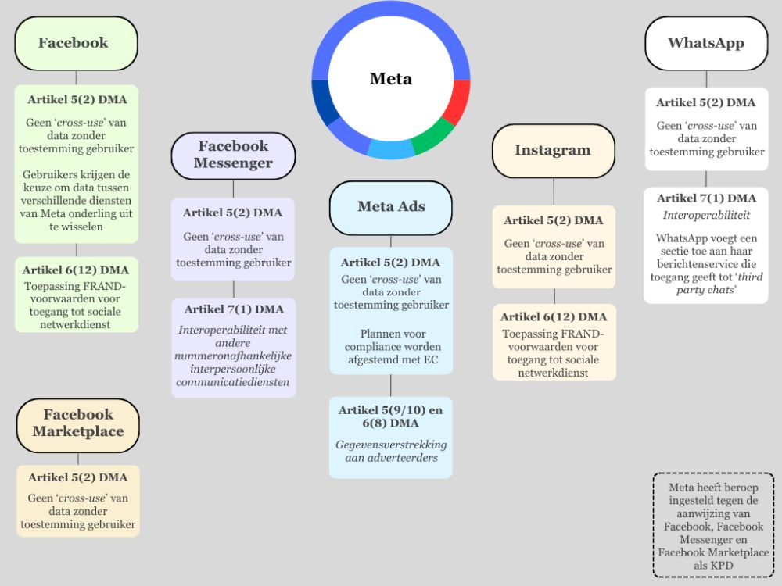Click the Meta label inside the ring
[x=390, y=79]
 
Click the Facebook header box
[x=76, y=43]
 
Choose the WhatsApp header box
[x=706, y=43]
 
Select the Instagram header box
[x=553, y=150]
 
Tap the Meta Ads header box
[x=391, y=207]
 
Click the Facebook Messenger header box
[x=233, y=155]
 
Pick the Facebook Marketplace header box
[x=77, y=423]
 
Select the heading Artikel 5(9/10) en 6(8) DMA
[x=390, y=416]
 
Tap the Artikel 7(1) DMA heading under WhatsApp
[x=706, y=198]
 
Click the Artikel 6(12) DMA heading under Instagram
[x=554, y=316]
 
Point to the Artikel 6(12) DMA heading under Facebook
[x=77, y=270]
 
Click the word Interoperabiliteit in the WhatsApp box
[x=706, y=215]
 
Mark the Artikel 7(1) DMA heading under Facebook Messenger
[x=233, y=310]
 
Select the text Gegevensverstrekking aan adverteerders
[x=390, y=451]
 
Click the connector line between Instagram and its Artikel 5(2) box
[x=554, y=191]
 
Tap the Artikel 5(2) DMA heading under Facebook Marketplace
[x=77, y=477]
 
